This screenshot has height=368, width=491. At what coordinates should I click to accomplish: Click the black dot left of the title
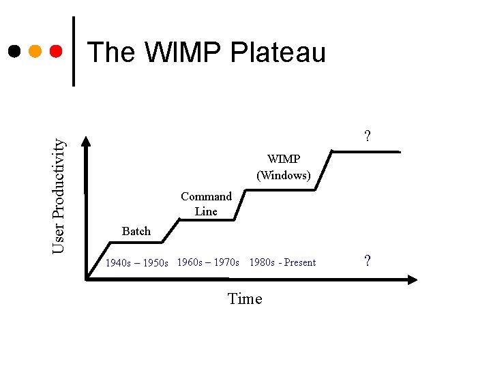tap(14, 51)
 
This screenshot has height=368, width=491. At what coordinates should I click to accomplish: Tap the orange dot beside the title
tap(35, 51)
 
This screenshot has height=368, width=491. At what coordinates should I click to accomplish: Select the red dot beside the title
tap(57, 51)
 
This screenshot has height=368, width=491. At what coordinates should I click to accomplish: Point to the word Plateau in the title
tap(278, 52)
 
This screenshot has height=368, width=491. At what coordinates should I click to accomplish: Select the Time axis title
tap(245, 299)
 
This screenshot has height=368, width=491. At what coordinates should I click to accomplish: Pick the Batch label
tap(136, 232)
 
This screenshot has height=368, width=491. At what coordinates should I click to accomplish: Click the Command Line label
tap(206, 204)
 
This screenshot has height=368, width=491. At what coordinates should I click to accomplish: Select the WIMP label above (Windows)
tap(283, 159)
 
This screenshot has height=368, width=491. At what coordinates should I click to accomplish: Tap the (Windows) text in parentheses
tap(283, 176)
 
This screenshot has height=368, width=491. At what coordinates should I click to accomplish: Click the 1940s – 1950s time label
tap(136, 263)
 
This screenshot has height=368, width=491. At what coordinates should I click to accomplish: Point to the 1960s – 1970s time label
tap(208, 262)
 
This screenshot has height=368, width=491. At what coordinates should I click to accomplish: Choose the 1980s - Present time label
tap(282, 262)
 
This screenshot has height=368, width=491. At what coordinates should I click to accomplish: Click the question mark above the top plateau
tap(368, 136)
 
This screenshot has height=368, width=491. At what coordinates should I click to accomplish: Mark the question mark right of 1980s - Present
tap(368, 261)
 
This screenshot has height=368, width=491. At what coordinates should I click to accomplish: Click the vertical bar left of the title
tap(74, 51)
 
